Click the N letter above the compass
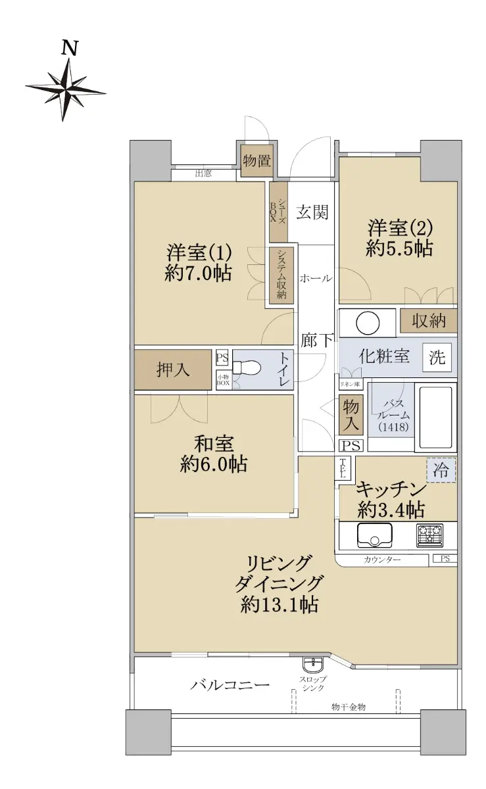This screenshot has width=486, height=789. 70,48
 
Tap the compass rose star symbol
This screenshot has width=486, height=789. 66,90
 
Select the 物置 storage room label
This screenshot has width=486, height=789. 257,161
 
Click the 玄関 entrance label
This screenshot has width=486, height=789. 312,212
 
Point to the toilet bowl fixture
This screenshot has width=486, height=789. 247,368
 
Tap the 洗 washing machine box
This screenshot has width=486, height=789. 437,358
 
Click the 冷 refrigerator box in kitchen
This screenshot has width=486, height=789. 441,470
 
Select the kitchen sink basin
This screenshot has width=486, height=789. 374,535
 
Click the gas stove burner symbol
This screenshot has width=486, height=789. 429,535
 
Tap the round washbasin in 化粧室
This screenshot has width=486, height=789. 368,323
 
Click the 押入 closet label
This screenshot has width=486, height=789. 173,370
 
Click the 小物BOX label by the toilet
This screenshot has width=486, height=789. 223,380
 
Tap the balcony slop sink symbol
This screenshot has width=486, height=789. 312,664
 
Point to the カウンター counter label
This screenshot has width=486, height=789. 382,560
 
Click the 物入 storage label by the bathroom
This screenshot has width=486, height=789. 351,415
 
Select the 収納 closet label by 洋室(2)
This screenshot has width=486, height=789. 429,321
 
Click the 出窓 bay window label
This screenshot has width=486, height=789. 203,174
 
